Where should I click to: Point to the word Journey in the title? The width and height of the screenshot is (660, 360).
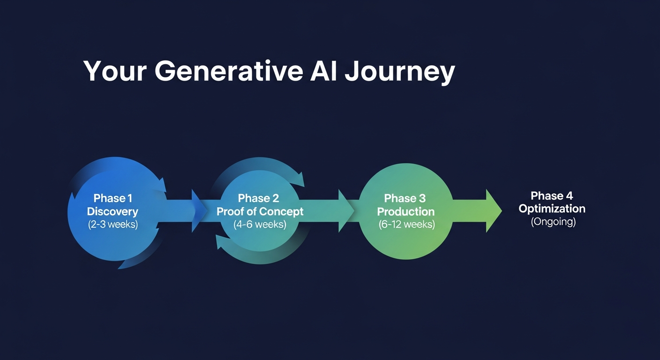pos(399,73)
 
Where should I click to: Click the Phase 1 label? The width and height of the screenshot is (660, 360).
pos(112,198)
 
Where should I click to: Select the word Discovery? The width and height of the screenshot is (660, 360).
pos(112,211)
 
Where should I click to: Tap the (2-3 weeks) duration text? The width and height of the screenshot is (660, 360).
pos(112,224)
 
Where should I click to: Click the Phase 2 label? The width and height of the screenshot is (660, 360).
pos(259,198)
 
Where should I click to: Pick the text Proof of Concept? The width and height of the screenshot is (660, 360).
pos(260,211)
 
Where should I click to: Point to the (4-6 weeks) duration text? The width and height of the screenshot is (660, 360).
pos(260,224)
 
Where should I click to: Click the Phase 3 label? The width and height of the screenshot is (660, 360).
pos(405,198)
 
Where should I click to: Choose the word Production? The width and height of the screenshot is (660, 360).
pos(406,211)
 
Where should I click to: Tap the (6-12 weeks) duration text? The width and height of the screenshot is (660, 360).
pos(406,224)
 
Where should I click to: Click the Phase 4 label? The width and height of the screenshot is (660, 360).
pos(552,195)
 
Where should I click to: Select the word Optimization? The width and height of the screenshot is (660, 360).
pos(552,209)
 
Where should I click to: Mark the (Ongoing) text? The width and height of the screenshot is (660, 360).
pos(553,221)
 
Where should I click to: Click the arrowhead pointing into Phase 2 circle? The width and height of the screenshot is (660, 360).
pos(199,211)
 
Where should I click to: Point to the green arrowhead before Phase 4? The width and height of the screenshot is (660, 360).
pos(493,211)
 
